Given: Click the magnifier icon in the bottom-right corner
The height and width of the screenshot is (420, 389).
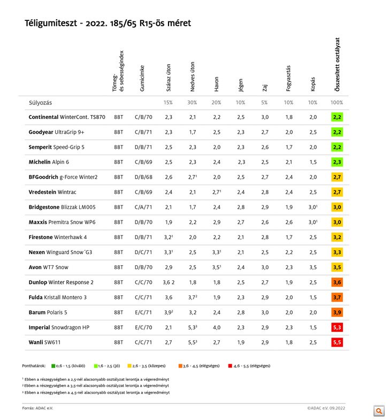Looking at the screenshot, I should coord(379,411).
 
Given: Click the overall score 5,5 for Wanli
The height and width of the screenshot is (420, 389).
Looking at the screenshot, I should coord(337,342).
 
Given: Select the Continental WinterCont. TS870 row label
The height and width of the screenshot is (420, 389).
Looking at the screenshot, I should coord(67,117).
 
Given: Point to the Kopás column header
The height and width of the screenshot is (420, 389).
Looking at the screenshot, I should coord(313,83).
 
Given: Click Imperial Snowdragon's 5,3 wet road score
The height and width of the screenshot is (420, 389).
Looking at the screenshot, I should coord(193,327).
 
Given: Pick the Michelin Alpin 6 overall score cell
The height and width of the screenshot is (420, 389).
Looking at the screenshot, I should coord(337,162).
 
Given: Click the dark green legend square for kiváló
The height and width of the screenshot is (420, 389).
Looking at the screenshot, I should coord(54,366).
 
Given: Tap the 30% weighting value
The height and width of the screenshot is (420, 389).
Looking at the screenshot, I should coord(193,102).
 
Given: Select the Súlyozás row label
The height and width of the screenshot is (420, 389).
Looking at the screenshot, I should coord(40,102).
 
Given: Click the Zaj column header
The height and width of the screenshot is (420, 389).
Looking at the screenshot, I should coord(265,86).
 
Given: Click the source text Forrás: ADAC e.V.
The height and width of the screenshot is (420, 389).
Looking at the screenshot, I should coord(37,408).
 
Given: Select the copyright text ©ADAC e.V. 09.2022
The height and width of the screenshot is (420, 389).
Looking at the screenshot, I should coord(326,408).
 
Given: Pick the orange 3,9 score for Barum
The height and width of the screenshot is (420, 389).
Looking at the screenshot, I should coord(337,312).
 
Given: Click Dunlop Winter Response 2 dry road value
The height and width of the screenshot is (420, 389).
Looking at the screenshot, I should coord(169,282).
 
